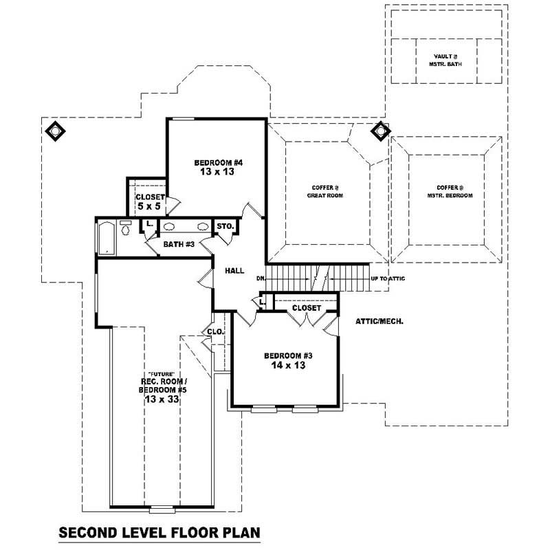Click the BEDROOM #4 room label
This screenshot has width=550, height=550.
214,162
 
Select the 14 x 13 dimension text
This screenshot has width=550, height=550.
289,366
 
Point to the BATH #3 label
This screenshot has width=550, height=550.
179,244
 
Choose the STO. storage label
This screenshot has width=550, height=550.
225,226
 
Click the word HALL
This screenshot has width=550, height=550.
234,272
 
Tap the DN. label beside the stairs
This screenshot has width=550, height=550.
261,278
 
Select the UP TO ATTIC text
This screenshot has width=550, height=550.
388,278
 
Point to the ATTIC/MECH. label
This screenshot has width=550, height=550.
379,321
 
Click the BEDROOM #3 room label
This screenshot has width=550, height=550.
289,355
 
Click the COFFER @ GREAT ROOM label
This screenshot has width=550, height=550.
324,191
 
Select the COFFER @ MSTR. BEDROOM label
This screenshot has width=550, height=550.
450,191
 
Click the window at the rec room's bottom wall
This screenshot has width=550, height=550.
162,509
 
